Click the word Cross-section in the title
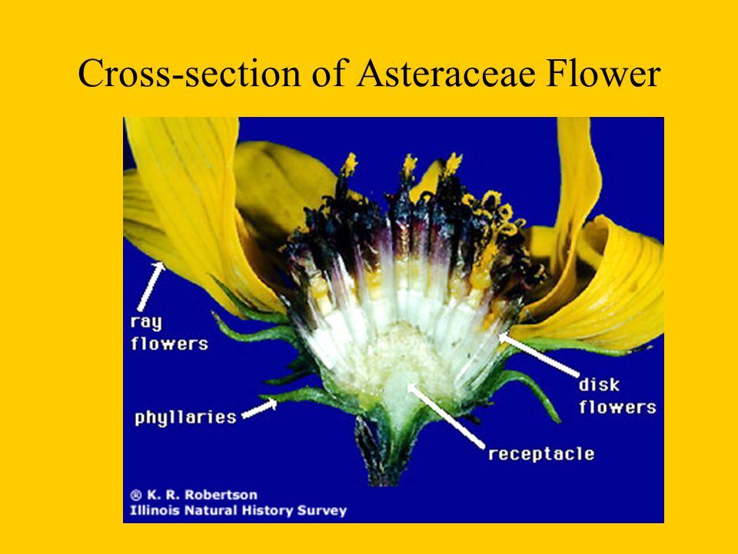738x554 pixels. click(189, 74)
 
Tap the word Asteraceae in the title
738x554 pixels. click(446, 74)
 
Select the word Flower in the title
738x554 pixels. click(603, 74)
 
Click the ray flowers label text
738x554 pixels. click(169, 333)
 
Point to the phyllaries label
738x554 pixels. click(185, 418)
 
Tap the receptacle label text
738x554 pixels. click(541, 454)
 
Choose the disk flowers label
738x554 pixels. click(617, 395)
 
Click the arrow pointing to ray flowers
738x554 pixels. click(151, 286)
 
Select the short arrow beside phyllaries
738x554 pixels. click(259, 409)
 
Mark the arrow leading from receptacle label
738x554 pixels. click(445, 415)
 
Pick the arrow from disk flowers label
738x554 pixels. click(539, 355)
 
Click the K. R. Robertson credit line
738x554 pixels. click(194, 495)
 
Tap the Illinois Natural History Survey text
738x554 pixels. click(238, 511)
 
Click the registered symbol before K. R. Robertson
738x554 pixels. click(136, 495)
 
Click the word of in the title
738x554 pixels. click(328, 74)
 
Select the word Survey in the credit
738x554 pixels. click(324, 511)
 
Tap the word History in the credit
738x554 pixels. click(275, 511)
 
